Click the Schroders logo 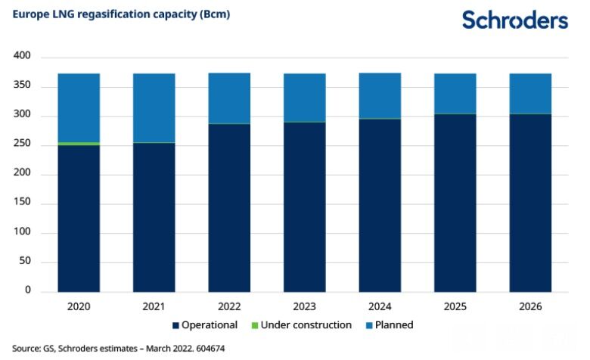[514, 20]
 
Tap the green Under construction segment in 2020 [79, 143]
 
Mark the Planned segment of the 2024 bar [379, 96]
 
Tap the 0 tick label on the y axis [26, 290]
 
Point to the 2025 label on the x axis [455, 306]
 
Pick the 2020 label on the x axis [79, 306]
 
